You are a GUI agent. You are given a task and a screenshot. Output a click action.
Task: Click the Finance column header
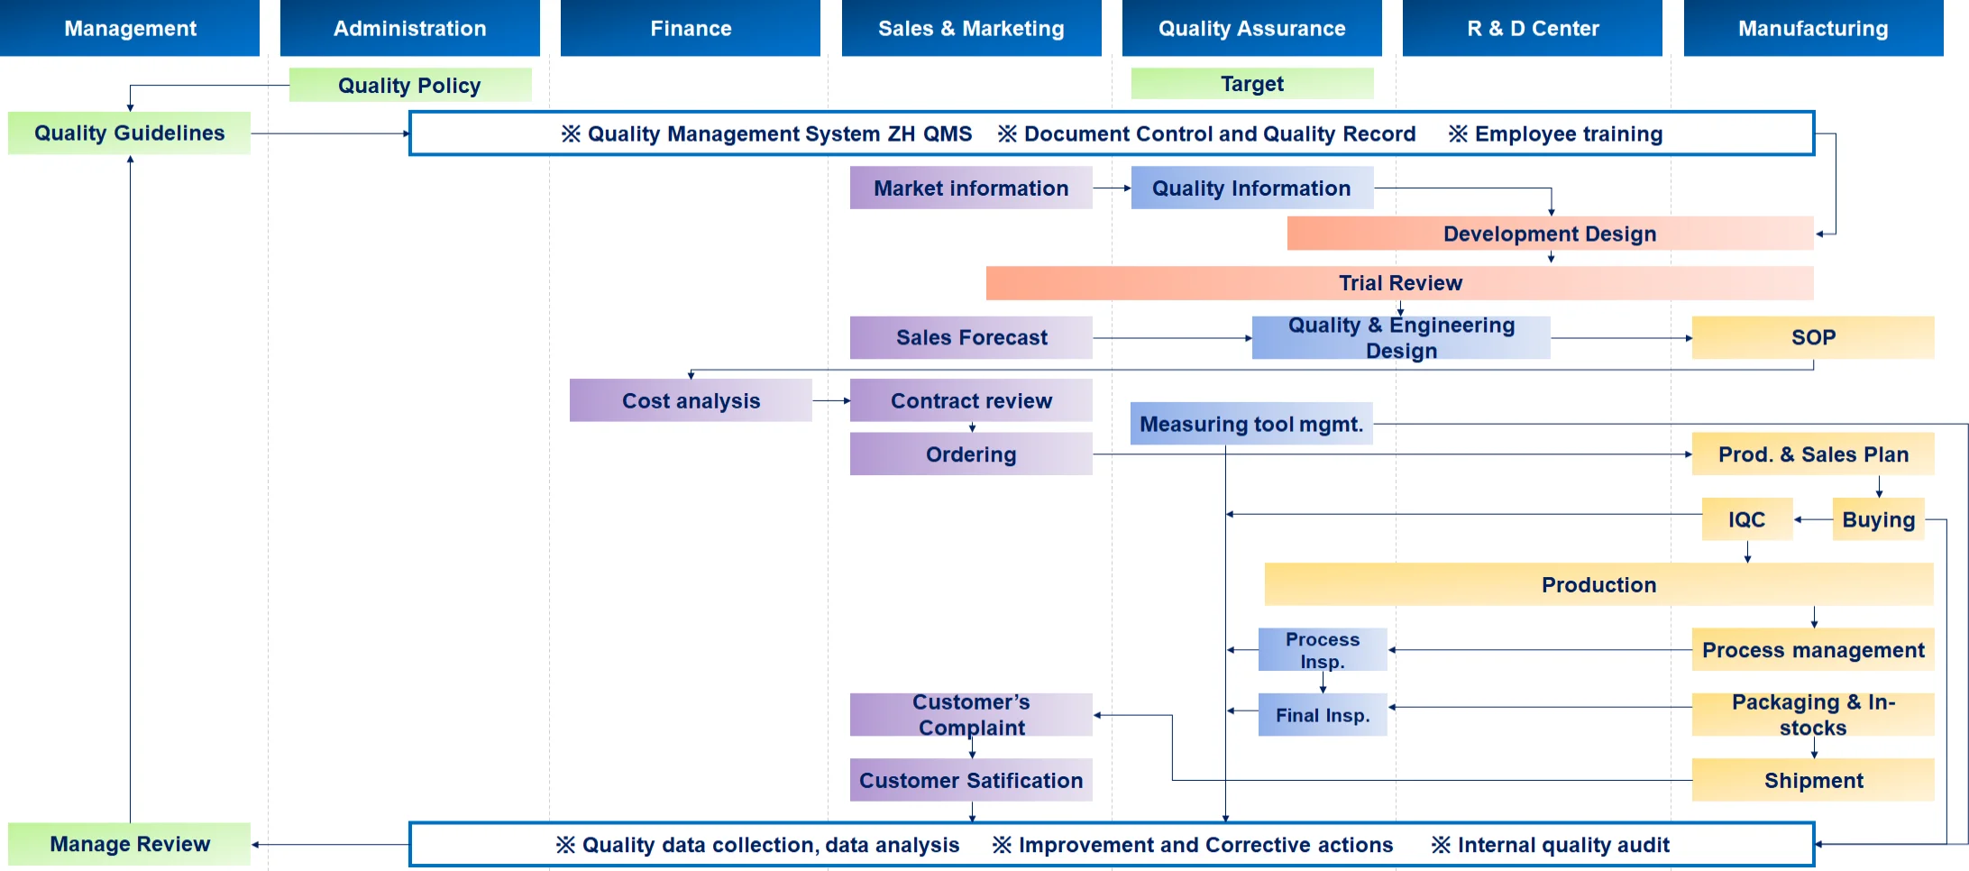pyautogui.click(x=691, y=28)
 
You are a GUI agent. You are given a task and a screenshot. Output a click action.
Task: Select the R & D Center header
pyautogui.click(x=1533, y=28)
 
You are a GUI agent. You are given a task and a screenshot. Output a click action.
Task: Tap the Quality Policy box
pyautogui.click(x=410, y=85)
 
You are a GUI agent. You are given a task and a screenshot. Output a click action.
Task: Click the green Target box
pyautogui.click(x=1252, y=84)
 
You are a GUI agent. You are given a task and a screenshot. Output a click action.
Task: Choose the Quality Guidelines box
pyautogui.click(x=130, y=133)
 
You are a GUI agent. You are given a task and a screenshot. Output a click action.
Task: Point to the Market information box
pyautogui.click(x=971, y=188)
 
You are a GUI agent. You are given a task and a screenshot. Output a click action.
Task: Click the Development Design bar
pyautogui.click(x=1550, y=234)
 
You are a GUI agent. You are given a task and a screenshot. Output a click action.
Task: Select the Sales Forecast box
pyautogui.click(x=971, y=337)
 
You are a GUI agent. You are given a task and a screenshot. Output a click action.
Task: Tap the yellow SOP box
pyautogui.click(x=1813, y=337)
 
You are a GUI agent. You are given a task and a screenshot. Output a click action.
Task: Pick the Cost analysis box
pyautogui.click(x=691, y=400)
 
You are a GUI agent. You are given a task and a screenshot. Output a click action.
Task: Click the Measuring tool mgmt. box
pyautogui.click(x=1251, y=424)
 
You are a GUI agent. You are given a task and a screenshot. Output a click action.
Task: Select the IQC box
pyautogui.click(x=1746, y=519)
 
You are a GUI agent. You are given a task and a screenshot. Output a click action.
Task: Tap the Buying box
pyautogui.click(x=1878, y=519)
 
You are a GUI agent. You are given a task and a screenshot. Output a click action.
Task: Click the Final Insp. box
pyautogui.click(x=1323, y=715)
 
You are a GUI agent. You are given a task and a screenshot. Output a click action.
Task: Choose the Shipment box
pyautogui.click(x=1813, y=780)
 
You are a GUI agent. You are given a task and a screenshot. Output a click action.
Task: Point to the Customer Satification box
pyautogui.click(x=971, y=780)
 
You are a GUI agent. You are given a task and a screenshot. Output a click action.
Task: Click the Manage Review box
pyautogui.click(x=130, y=844)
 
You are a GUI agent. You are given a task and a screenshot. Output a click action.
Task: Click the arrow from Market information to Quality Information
pyautogui.click(x=1112, y=188)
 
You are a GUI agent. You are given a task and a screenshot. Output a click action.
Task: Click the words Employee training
pyautogui.click(x=1569, y=133)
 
